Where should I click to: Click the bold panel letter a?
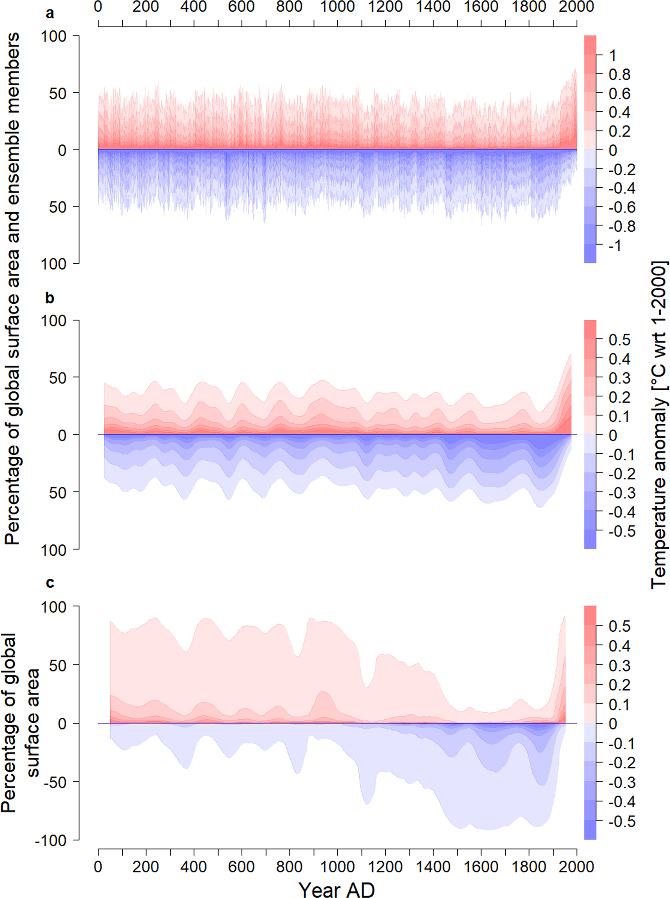(50, 13)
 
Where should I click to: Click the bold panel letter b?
(50, 298)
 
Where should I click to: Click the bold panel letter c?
(50, 583)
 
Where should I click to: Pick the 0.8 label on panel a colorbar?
(619, 74)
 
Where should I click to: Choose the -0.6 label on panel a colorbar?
(622, 207)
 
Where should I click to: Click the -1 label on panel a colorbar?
(615, 245)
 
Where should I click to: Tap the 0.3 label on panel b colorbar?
(619, 378)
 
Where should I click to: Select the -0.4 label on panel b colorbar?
(622, 512)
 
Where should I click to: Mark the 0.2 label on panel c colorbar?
(619, 685)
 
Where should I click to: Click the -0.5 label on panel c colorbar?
(622, 821)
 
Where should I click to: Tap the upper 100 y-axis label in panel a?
(53, 37)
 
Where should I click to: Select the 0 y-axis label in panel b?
(62, 435)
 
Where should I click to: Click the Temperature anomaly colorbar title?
(658, 424)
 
